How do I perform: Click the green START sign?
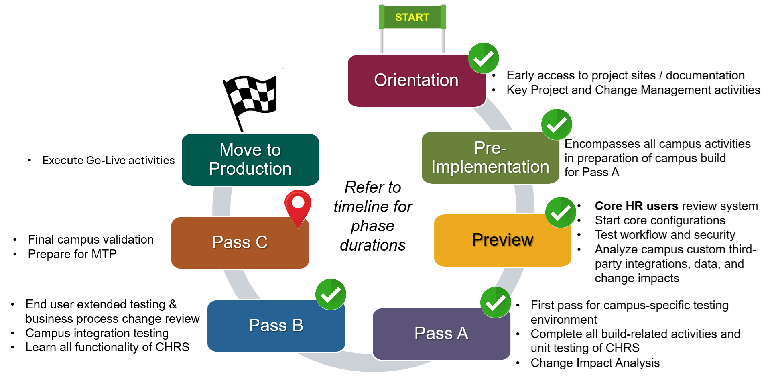coord(412,17)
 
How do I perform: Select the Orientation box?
coord(416,81)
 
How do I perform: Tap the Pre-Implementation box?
coord(490,158)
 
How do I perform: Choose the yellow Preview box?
coord(502,240)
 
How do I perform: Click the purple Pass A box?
coord(441,334)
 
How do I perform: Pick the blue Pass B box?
coord(276,326)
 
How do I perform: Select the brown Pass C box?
coord(240,242)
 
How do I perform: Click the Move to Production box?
coord(250,160)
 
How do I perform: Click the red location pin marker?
coord(298,206)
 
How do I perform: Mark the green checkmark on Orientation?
coord(484,58)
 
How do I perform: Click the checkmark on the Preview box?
coord(561,212)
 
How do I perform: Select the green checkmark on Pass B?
coord(331,294)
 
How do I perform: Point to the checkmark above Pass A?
coord(496,302)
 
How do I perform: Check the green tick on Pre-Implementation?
coord(557,124)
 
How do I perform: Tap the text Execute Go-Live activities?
coord(108,161)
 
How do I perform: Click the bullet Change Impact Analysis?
coord(595,363)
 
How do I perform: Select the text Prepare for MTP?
coord(72,254)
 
